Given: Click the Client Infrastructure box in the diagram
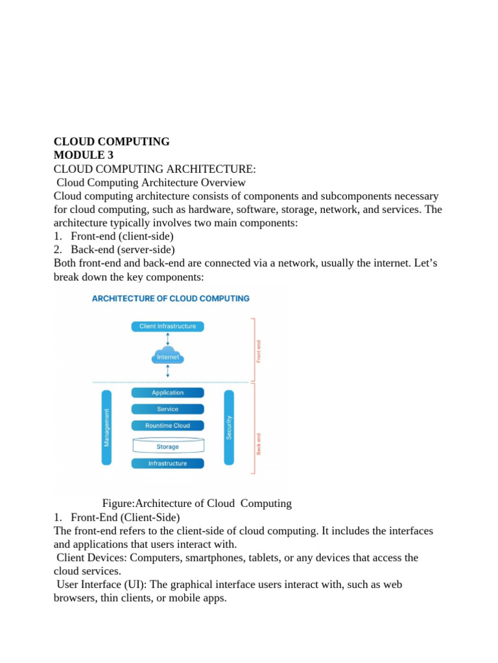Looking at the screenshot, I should click(167, 326).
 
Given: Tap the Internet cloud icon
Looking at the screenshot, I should click(168, 355).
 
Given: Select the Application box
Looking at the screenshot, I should click(167, 392).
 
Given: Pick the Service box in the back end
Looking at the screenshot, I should click(167, 409).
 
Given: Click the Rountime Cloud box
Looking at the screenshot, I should click(167, 425).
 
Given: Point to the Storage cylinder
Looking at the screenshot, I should click(167, 446).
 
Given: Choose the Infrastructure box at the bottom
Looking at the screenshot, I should click(167, 464).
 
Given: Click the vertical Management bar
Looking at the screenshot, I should click(107, 427).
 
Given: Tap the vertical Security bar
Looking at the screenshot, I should click(229, 427).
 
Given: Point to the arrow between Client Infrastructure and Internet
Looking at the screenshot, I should click(168, 339).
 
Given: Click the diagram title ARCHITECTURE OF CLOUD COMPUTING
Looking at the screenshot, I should click(171, 298).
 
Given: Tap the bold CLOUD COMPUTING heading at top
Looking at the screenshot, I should click(112, 141).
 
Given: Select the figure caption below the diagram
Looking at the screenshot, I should click(197, 503).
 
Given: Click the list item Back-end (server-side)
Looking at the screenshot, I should click(123, 249).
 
